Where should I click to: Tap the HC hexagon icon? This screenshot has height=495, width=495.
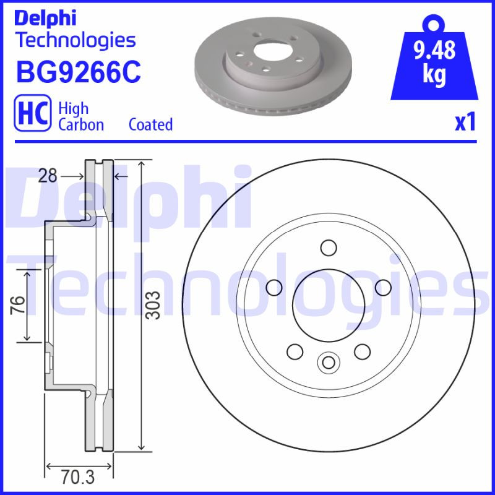click(32, 116)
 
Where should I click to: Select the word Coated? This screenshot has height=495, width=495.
click(150, 124)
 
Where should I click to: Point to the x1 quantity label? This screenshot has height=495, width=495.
click(465, 122)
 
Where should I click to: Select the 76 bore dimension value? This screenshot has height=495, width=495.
click(18, 305)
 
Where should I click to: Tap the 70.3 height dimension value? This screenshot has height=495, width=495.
click(78, 477)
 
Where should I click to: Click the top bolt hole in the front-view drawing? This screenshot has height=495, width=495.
click(329, 247)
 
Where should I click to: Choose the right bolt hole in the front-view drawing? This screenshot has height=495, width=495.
click(383, 287)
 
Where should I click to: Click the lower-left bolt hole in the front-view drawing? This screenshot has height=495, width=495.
click(295, 351)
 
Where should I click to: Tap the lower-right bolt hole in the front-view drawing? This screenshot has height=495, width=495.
click(362, 351)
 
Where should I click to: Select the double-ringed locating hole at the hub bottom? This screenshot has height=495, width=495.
click(328, 362)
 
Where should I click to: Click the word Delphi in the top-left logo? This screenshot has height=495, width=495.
click(45, 18)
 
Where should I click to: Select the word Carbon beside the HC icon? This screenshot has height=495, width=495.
click(81, 124)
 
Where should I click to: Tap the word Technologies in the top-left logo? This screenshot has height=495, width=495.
click(75, 40)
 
